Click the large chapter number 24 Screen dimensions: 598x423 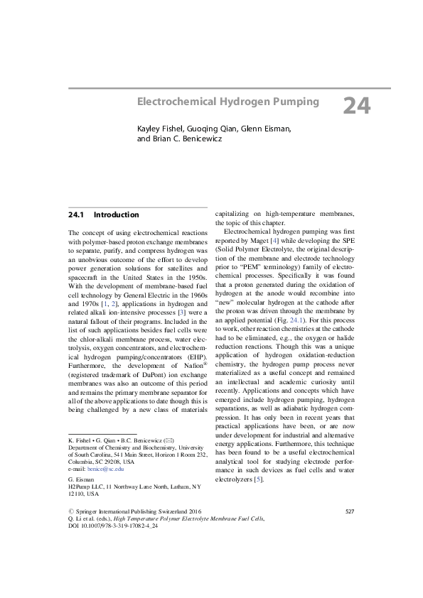point(357,106)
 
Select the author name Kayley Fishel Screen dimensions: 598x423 point(161,128)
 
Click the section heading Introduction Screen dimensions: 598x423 point(116,214)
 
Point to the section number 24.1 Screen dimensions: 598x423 point(76,214)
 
